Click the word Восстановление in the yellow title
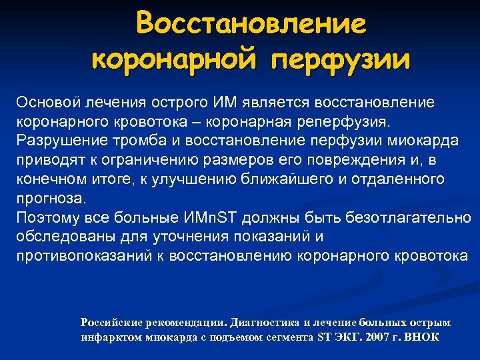[251, 25]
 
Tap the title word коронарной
[175, 60]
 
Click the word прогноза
[50, 199]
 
